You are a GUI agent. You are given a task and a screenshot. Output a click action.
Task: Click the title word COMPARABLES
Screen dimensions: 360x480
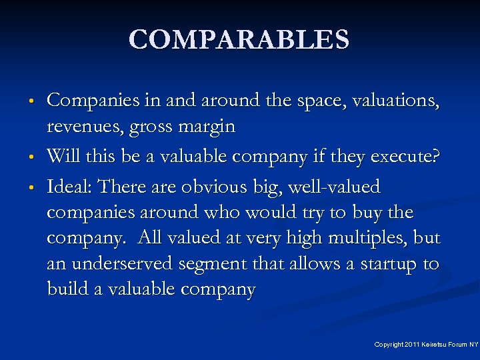pyautogui.click(x=239, y=39)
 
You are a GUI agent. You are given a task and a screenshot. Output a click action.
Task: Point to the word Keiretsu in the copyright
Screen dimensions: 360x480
pyautogui.click(x=434, y=345)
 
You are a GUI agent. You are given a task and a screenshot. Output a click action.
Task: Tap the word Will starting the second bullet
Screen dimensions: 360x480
pyautogui.click(x=63, y=156)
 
